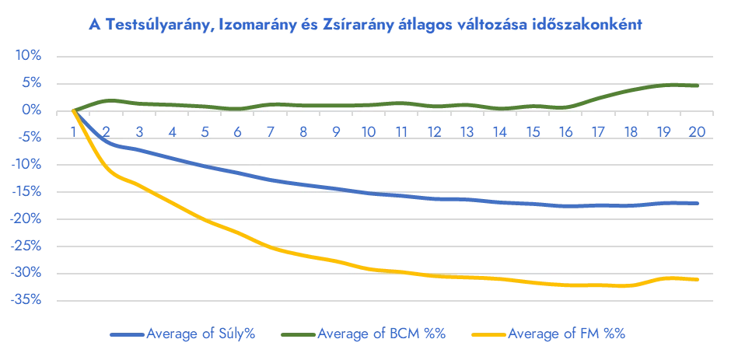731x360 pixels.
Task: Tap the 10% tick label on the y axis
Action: (x=29, y=57)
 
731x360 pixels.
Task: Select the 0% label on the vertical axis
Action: (x=32, y=111)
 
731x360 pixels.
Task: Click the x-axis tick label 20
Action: (x=697, y=132)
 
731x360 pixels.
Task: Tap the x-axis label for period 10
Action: (x=369, y=132)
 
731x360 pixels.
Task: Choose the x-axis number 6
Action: (x=238, y=132)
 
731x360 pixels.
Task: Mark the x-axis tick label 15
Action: (x=533, y=132)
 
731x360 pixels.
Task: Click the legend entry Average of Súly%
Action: (x=201, y=334)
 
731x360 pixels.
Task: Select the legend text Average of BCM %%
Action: (x=381, y=334)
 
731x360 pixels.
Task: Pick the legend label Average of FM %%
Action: (x=566, y=334)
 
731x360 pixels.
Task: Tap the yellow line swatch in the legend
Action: (x=488, y=334)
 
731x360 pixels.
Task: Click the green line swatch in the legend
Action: (x=299, y=334)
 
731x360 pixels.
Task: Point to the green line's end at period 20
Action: (x=698, y=86)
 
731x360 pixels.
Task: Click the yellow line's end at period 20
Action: (x=698, y=279)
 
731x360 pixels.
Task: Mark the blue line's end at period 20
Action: (x=698, y=203)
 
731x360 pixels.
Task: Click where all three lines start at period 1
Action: (x=74, y=111)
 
